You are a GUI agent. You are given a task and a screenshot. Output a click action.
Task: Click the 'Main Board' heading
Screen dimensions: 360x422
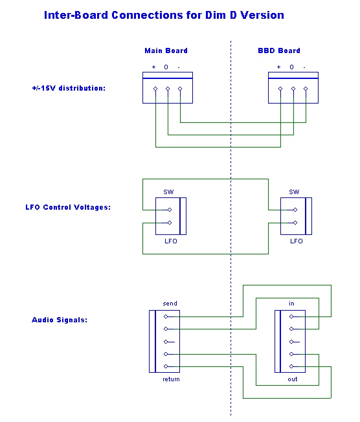click(x=166, y=50)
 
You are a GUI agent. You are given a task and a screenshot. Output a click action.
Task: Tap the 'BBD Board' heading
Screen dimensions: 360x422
click(x=279, y=50)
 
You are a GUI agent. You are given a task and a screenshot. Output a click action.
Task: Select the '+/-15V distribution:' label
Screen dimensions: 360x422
click(x=69, y=88)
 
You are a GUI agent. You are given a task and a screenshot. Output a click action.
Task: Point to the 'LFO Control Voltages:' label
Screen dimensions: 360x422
click(x=68, y=207)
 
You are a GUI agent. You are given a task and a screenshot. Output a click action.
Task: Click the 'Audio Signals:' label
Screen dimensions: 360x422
click(x=60, y=320)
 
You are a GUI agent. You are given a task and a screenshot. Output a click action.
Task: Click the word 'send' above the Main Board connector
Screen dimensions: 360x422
click(x=170, y=304)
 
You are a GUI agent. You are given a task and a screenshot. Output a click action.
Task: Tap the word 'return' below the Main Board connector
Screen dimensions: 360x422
click(x=171, y=379)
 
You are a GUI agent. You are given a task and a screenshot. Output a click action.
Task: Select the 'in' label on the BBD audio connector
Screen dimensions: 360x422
click(x=291, y=304)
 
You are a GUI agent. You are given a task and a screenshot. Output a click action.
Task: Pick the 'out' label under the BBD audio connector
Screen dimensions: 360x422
click(x=293, y=379)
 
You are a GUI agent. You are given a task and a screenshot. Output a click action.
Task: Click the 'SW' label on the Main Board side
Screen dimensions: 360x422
click(x=168, y=192)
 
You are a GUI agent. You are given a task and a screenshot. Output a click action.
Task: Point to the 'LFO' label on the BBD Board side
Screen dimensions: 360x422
click(x=296, y=241)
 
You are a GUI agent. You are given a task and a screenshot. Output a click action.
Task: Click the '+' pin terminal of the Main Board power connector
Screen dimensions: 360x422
click(x=155, y=89)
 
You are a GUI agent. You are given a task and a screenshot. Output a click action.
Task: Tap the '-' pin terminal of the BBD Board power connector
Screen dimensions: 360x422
click(x=306, y=89)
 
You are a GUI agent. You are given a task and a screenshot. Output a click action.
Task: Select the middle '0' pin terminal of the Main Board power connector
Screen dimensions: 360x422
click(x=168, y=89)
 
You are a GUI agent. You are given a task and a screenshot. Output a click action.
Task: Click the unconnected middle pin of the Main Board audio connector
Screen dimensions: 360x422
click(x=166, y=342)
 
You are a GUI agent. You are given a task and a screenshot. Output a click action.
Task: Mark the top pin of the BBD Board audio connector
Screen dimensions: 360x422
click(x=291, y=316)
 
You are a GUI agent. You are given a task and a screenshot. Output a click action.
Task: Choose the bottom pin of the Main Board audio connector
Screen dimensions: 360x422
click(x=166, y=366)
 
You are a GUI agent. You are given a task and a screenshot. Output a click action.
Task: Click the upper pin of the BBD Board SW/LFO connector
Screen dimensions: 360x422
click(x=295, y=210)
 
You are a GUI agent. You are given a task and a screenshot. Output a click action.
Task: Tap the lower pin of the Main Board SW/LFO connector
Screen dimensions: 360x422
click(x=170, y=223)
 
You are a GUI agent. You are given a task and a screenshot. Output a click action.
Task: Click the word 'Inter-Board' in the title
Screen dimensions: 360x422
click(x=76, y=15)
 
